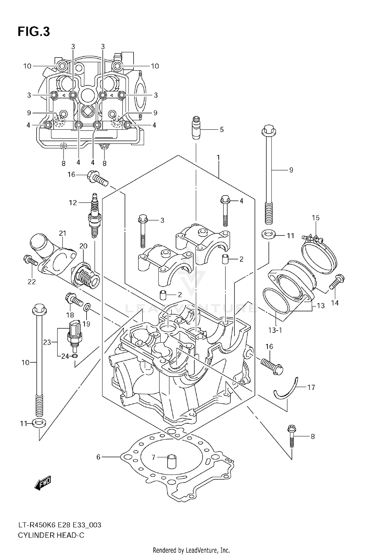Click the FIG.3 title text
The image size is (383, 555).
click(x=33, y=32)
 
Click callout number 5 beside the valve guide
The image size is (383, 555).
click(x=222, y=130)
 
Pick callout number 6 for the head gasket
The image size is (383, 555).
click(x=99, y=457)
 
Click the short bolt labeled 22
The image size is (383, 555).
click(x=31, y=260)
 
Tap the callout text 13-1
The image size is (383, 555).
click(x=275, y=330)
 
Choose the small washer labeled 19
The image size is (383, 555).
click(x=87, y=306)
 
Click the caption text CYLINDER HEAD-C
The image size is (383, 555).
click(x=51, y=535)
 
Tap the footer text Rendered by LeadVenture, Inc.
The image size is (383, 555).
click(x=191, y=550)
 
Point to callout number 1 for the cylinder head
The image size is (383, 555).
click(x=218, y=157)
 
